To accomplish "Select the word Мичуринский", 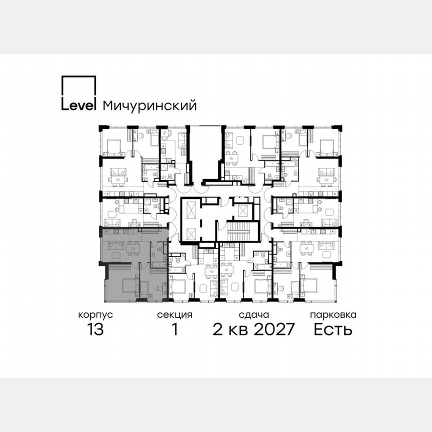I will (x=149, y=105).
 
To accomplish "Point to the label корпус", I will (x=95, y=315).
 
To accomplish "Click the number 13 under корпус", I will (x=95, y=329).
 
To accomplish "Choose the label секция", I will (x=174, y=315).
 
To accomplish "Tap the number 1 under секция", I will (x=174, y=329).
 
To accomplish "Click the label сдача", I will (x=254, y=315).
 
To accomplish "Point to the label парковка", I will (x=333, y=315).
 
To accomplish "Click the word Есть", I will (x=333, y=329).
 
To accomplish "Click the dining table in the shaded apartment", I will (x=133, y=246).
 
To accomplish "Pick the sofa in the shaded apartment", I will (x=116, y=245).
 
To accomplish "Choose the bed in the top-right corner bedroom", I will (x=327, y=146).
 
